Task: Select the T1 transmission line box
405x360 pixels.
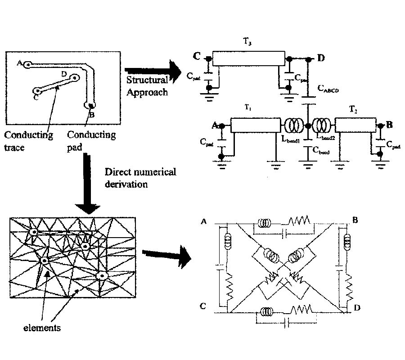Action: (255, 126)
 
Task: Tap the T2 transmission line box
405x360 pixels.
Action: (355, 126)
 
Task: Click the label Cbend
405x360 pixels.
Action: (321, 152)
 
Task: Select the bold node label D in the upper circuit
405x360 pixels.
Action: (320, 58)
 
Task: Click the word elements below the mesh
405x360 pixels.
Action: (42, 328)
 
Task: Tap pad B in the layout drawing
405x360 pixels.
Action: (90, 106)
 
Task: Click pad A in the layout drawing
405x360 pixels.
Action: (27, 65)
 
